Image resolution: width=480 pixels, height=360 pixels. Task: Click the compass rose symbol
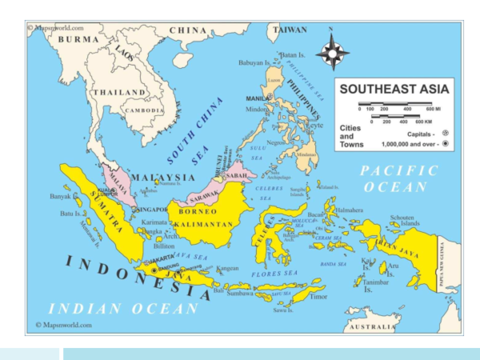pyautogui.click(x=332, y=54)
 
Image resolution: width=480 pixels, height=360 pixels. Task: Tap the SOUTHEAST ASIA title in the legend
pyautogui.click(x=395, y=89)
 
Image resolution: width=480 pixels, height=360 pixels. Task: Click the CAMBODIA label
pyautogui.click(x=143, y=110)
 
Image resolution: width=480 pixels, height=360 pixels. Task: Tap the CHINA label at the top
pyautogui.click(x=189, y=30)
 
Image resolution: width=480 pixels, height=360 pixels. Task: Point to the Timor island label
pyautogui.click(x=318, y=297)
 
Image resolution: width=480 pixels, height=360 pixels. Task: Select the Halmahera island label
pyautogui.click(x=349, y=210)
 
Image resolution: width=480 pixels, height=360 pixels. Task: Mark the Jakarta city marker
pyautogui.click(x=154, y=270)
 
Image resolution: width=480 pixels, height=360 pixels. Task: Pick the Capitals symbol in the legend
pyautogui.click(x=445, y=134)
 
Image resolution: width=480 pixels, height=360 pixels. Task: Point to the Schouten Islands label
pyautogui.click(x=402, y=221)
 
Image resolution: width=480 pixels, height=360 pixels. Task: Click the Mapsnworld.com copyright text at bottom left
pyautogui.click(x=64, y=326)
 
